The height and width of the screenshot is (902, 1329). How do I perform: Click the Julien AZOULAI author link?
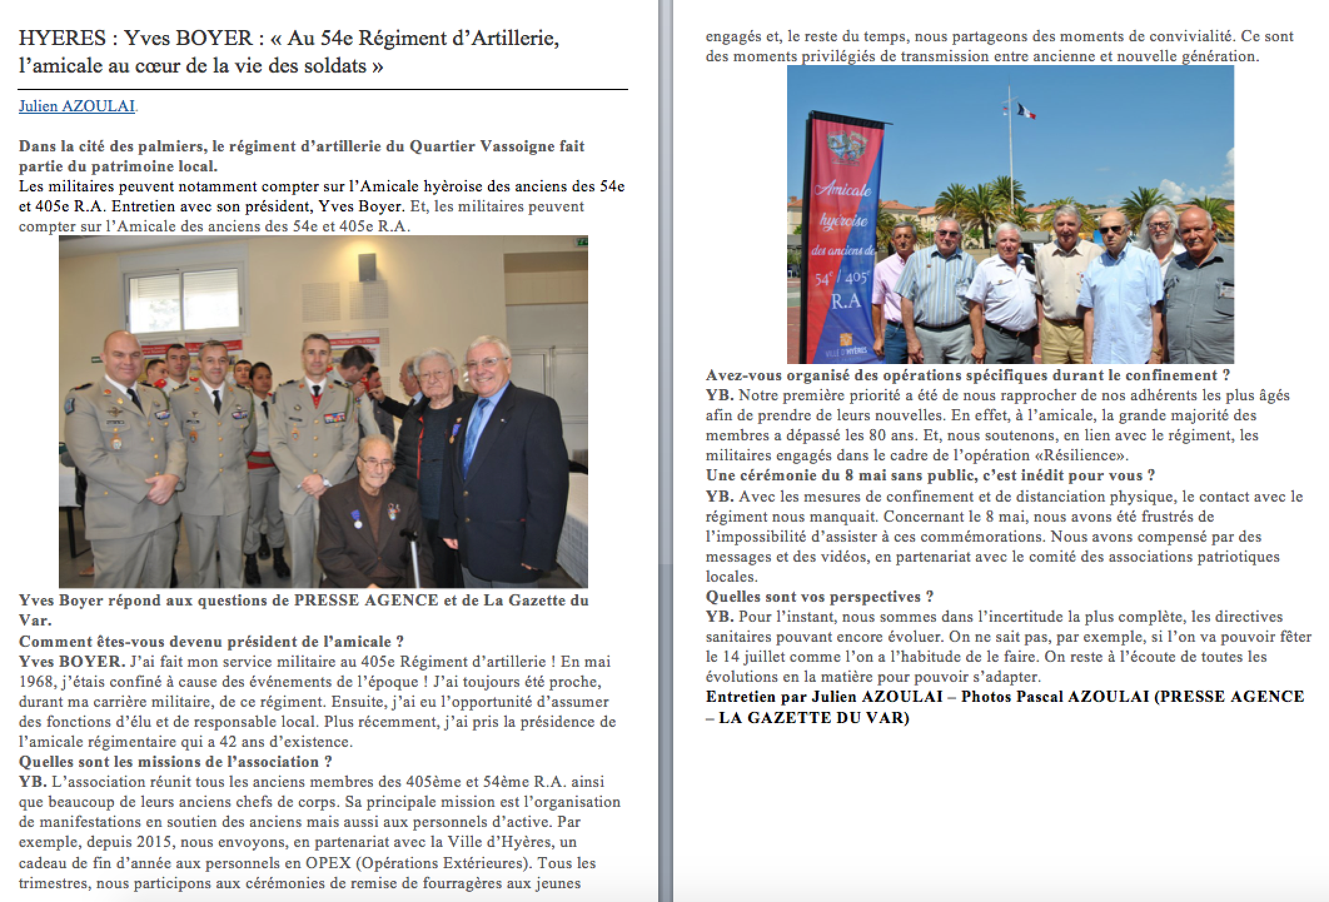pyautogui.click(x=76, y=106)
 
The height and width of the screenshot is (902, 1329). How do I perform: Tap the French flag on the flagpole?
pyautogui.click(x=1026, y=111)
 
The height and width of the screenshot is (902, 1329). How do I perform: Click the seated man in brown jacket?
pyautogui.click(x=375, y=513)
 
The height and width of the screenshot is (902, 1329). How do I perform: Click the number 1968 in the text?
pyautogui.click(x=36, y=682)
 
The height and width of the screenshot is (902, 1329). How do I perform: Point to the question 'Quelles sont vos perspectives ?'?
pyautogui.click(x=820, y=597)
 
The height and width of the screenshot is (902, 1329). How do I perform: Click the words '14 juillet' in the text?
pyautogui.click(x=762, y=657)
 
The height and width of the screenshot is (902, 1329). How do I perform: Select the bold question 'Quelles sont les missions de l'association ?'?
pyautogui.click(x=175, y=762)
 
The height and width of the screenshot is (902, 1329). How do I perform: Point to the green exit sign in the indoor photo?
pyautogui.click(x=582, y=241)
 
